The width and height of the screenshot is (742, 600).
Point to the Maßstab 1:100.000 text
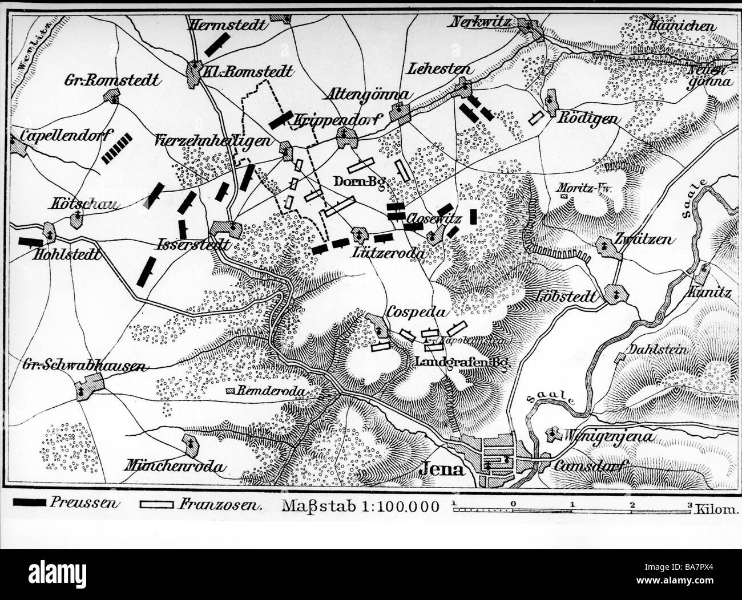pos(360,506)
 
